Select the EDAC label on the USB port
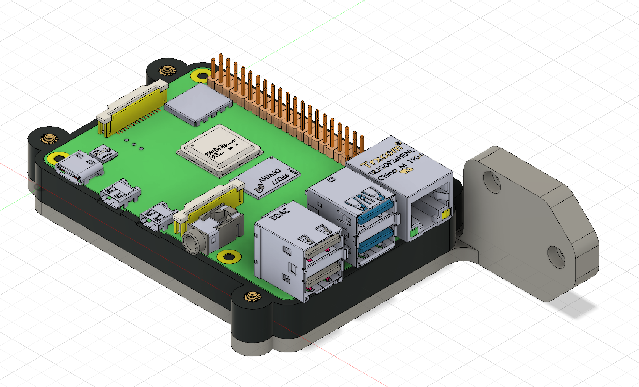tap(280, 212)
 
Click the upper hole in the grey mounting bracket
tap(492, 181)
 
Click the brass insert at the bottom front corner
tap(252, 297)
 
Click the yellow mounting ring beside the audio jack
tap(229, 256)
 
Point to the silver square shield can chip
tap(198, 103)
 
